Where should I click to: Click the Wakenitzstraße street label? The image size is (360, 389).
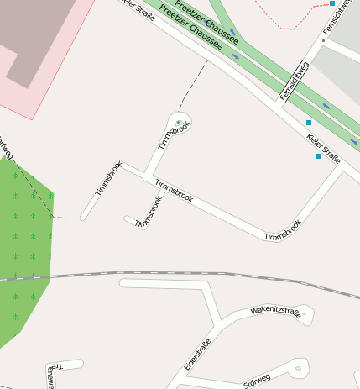pyautogui.click(x=275, y=313)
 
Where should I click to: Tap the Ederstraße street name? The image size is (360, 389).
pyautogui.click(x=196, y=355)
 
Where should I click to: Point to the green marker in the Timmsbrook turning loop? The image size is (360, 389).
pyautogui.click(x=178, y=123)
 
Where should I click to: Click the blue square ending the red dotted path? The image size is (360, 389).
pyautogui.click(x=332, y=3)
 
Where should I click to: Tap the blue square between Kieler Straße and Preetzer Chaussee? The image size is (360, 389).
pyautogui.click(x=309, y=123)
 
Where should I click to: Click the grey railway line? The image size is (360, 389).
pyautogui.click(x=168, y=273)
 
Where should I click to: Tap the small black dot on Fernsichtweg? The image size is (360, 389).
pyautogui.click(x=323, y=39)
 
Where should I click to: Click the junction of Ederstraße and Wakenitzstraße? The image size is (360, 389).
pyautogui.click(x=221, y=321)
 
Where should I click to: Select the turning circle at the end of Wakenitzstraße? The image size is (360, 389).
pyautogui.click(x=306, y=316)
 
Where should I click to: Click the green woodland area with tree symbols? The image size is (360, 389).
pyautogui.click(x=25, y=244)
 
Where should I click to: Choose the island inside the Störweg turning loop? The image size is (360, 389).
pyautogui.click(x=297, y=367)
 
